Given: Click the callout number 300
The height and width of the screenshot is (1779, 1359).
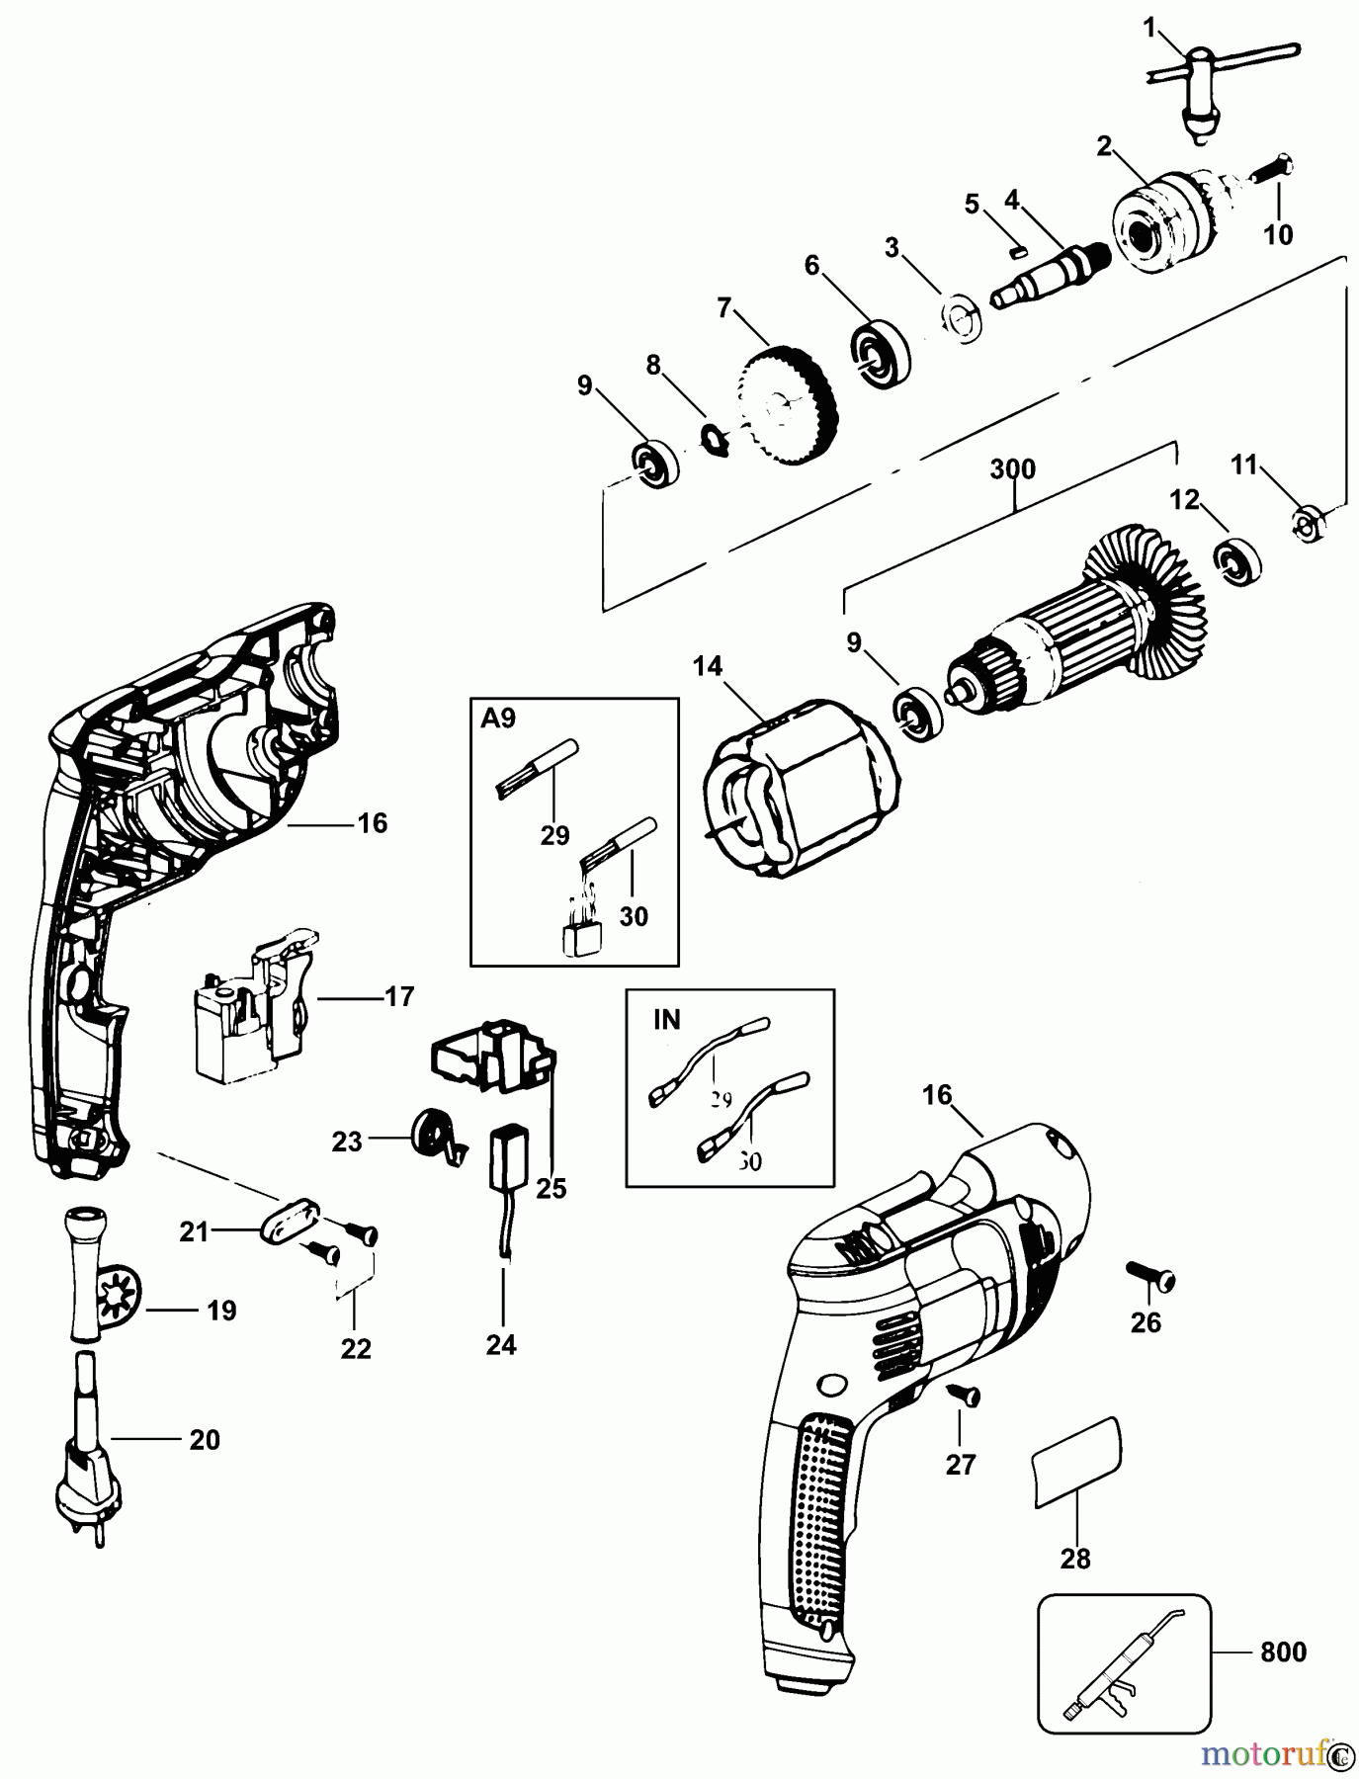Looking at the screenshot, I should [x=1012, y=468].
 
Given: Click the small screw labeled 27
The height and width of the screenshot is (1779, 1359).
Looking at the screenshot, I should [x=964, y=1396].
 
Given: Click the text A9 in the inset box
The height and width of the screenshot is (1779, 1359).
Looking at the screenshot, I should [x=498, y=720].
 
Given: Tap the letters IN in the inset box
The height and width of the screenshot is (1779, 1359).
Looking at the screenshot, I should [x=667, y=1019].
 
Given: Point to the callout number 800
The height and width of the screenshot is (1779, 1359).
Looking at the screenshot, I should [x=1283, y=1652].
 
